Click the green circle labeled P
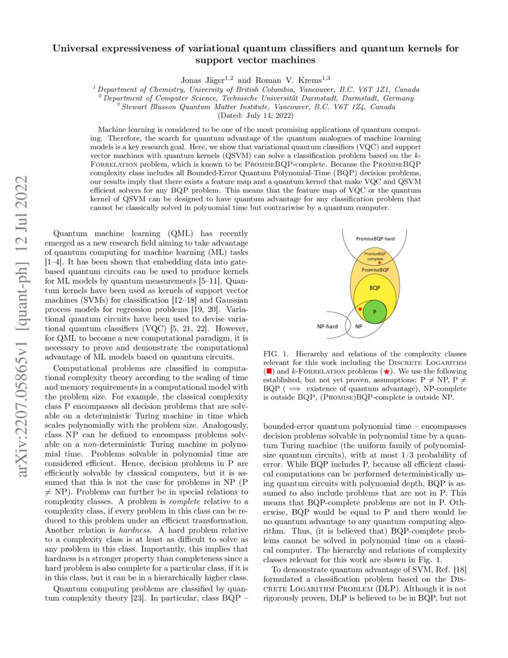click(x=374, y=312)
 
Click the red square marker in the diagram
click(x=360, y=309)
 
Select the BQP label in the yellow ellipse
click(x=375, y=288)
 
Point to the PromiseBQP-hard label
click(x=375, y=238)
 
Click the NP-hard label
click(x=328, y=327)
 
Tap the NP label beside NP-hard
click(x=359, y=327)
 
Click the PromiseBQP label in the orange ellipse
click(x=376, y=270)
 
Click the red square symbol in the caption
click(x=269, y=371)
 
